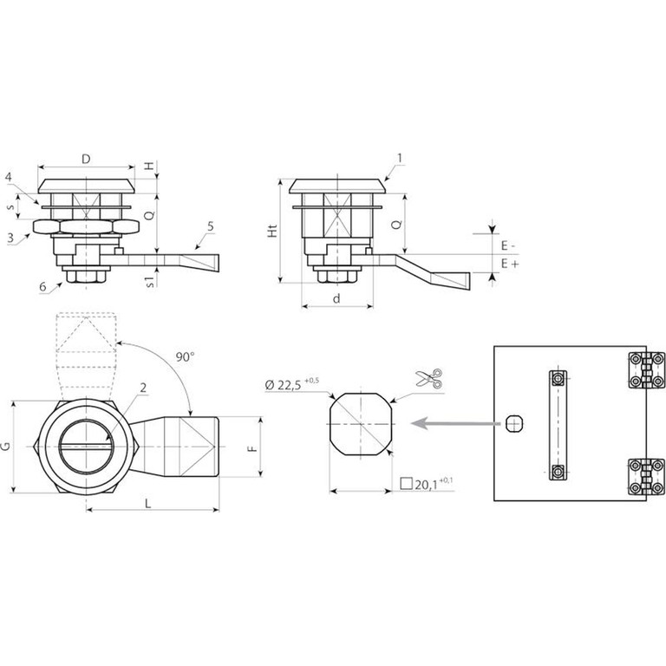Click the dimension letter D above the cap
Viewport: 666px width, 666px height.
86,159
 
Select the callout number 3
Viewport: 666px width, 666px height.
10,238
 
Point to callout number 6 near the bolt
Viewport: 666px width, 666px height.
42,286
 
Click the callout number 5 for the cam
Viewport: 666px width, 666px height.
211,226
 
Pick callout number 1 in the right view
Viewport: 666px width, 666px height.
399,158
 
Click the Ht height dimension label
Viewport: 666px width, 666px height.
272,230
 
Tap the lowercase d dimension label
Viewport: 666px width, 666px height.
336,298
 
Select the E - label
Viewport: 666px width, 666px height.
508,245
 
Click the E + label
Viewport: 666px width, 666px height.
510,264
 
